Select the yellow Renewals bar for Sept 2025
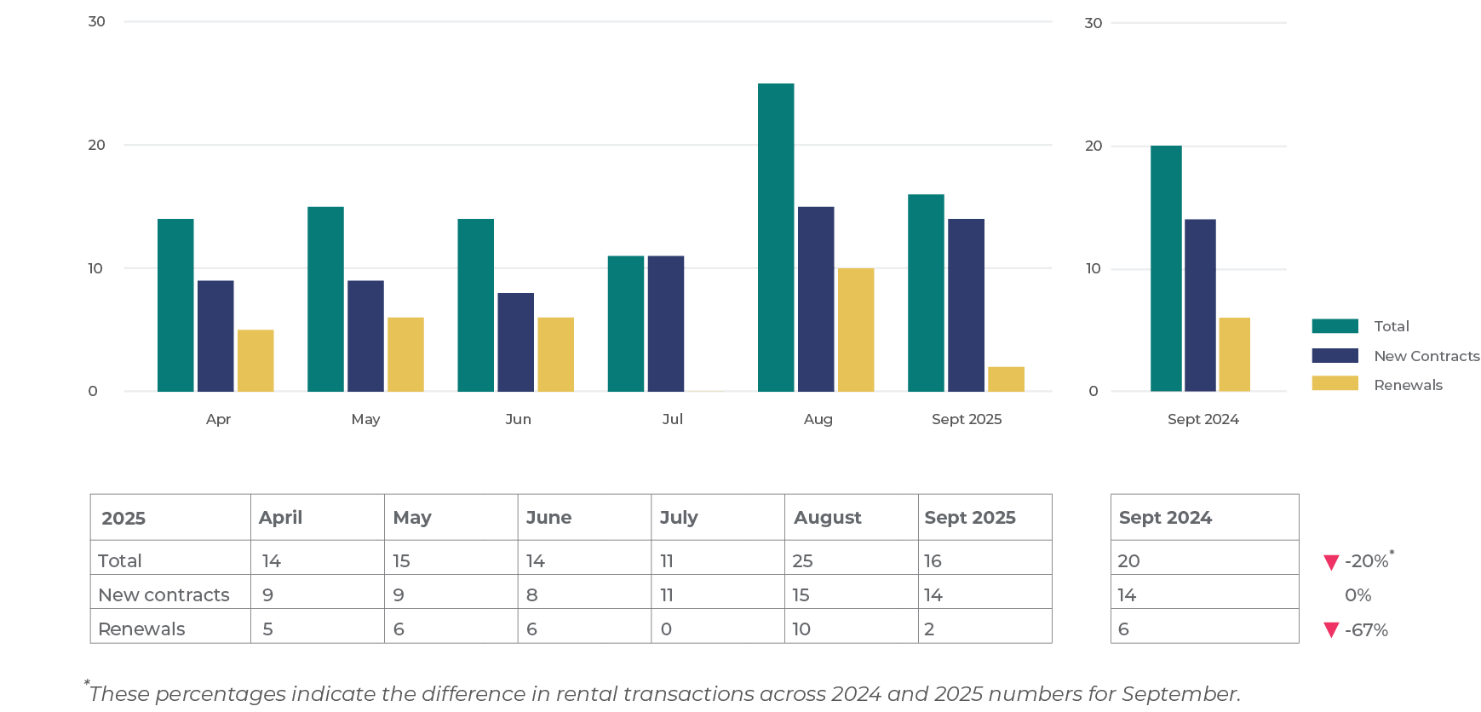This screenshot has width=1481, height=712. point(1006,379)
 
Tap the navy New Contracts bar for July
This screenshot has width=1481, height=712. point(665,324)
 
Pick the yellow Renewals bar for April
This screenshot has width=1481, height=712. point(255,360)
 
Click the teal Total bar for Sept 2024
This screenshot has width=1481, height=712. point(1166,268)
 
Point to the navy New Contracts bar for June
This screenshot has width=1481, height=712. point(515,342)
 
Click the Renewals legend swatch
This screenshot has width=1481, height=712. point(1335,384)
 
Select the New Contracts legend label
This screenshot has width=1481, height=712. point(1426,356)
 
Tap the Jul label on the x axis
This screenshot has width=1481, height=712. point(672,419)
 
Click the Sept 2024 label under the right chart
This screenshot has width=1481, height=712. point(1203,419)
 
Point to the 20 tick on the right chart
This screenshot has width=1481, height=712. point(1093,146)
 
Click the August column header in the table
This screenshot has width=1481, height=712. point(827,518)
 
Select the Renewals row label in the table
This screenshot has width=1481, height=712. point(141,629)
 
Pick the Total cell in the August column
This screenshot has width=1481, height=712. point(802,560)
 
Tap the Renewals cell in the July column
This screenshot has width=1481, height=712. point(666,629)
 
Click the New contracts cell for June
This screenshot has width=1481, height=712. point(532,594)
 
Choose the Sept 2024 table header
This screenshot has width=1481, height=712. point(1165,518)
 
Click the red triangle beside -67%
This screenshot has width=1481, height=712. point(1331,630)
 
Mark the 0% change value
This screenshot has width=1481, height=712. point(1358,595)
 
